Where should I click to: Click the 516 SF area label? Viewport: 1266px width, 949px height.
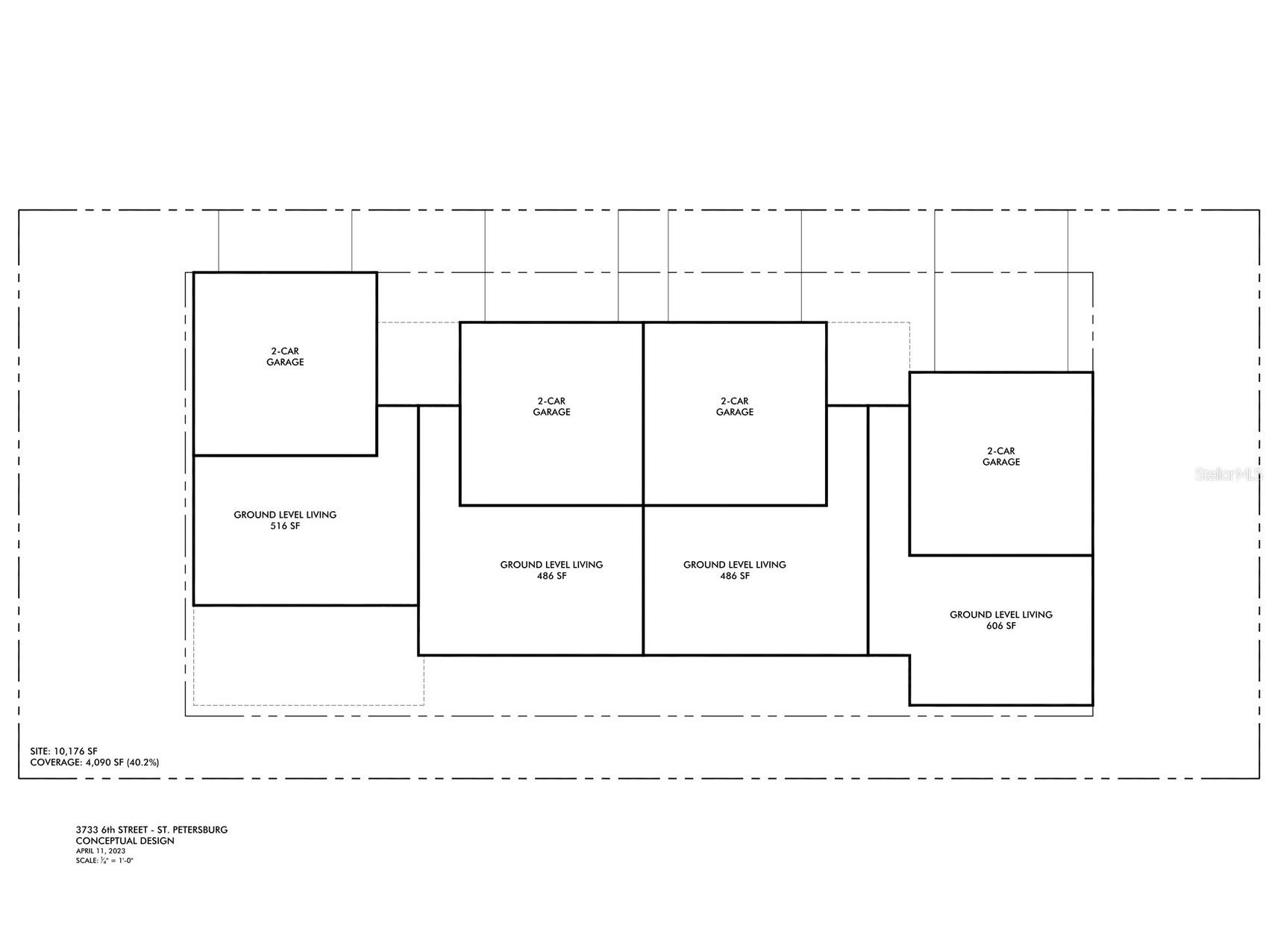click(285, 526)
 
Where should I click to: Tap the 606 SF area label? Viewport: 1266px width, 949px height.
click(1001, 626)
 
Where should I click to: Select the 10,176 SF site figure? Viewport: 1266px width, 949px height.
click(75, 751)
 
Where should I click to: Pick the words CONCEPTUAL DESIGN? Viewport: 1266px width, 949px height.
click(125, 841)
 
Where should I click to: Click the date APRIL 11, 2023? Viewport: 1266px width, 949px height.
click(101, 851)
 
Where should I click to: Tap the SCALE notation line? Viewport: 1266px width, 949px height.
click(104, 860)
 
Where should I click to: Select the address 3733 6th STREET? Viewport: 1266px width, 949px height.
click(113, 830)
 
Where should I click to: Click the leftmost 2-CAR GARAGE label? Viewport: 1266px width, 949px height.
click(285, 357)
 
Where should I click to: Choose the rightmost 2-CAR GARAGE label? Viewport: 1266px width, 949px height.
click(1001, 457)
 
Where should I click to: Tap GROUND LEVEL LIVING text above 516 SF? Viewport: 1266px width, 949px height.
click(285, 515)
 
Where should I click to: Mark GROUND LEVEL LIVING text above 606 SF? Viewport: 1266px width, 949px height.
click(1001, 615)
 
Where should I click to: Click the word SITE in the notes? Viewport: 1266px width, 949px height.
click(40, 751)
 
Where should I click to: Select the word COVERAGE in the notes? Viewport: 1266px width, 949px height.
click(55, 762)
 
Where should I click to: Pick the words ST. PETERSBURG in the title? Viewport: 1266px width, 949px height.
click(195, 830)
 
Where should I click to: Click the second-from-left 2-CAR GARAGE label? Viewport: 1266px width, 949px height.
click(551, 407)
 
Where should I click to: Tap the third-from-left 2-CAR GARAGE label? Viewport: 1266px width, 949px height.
click(735, 407)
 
